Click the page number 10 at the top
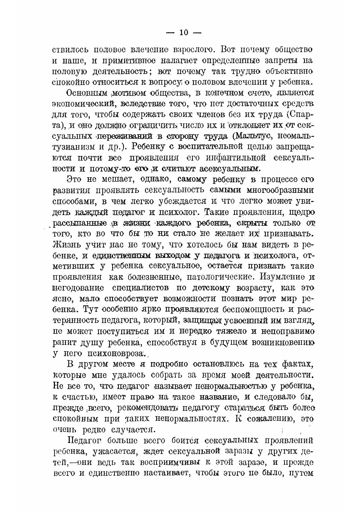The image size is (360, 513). (x=184, y=33)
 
